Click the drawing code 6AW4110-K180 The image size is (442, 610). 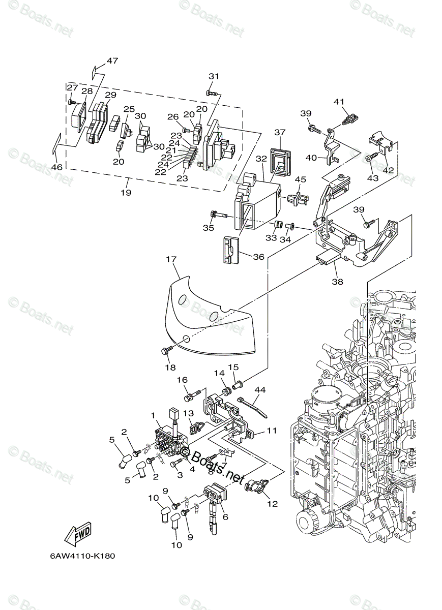[x=82, y=556]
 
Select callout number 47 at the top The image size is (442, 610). [x=112, y=60]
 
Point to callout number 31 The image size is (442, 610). [x=214, y=76]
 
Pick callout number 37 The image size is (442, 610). [x=280, y=132]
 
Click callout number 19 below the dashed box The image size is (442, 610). [x=126, y=193]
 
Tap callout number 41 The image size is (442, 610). [x=339, y=102]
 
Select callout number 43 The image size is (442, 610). [x=373, y=178]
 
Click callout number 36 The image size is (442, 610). [x=259, y=257]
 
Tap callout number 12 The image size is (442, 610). [x=273, y=504]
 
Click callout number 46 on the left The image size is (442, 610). [x=57, y=167]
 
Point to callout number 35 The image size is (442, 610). [x=209, y=228]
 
